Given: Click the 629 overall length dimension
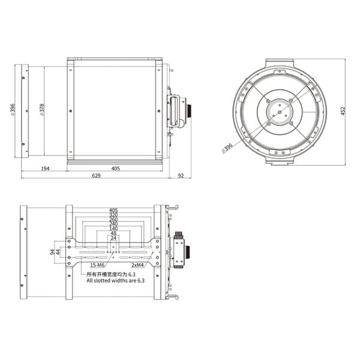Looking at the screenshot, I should click(x=96, y=176).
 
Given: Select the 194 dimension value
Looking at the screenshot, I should click(x=46, y=169).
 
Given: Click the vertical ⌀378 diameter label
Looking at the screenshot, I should click(x=41, y=110).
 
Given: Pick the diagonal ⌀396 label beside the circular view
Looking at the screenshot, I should click(x=227, y=147).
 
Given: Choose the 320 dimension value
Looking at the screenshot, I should click(x=113, y=215).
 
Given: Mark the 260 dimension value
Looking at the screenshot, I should click(x=113, y=220).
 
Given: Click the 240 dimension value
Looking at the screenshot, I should click(x=113, y=224).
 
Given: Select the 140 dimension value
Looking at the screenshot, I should click(x=113, y=229).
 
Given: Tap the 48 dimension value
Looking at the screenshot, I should click(x=113, y=234).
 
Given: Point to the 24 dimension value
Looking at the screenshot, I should click(x=113, y=239).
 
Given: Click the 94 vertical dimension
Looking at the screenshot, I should click(x=52, y=252).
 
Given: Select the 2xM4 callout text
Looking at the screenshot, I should click(x=139, y=265).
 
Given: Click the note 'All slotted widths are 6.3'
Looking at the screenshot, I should click(x=115, y=280).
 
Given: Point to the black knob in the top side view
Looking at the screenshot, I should click(x=188, y=111).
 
